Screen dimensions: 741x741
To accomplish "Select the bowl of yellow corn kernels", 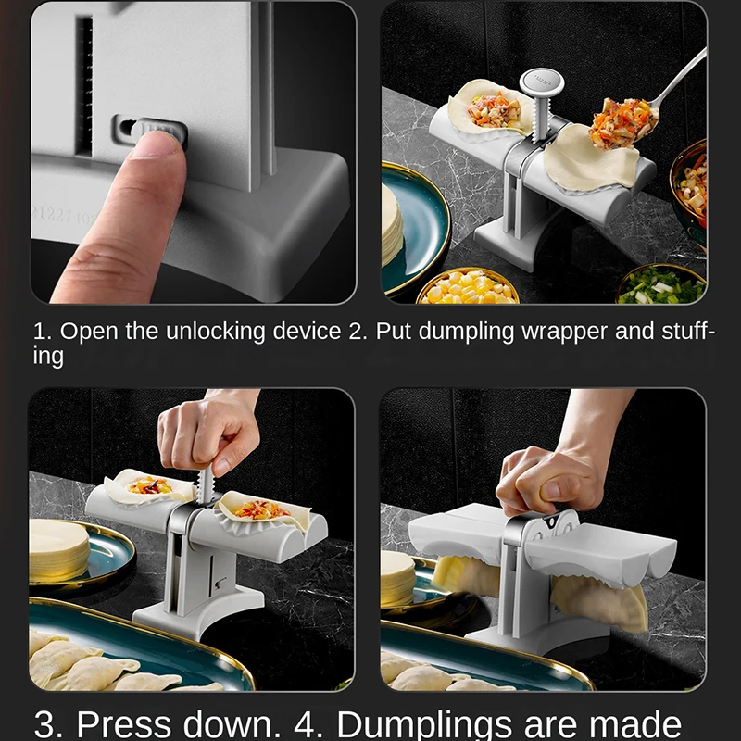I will (x=468, y=287).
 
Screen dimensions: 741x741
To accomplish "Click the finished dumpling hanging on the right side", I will (x=611, y=602).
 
